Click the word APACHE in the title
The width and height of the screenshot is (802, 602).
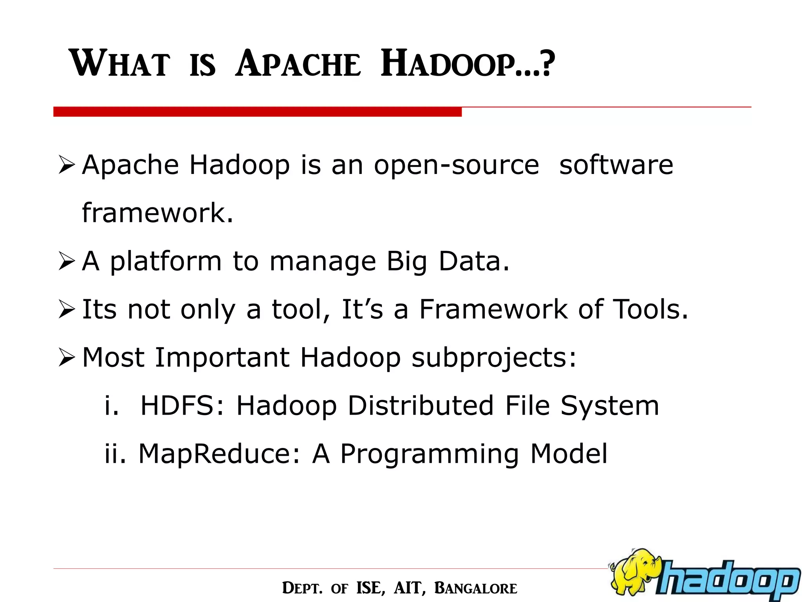(298, 64)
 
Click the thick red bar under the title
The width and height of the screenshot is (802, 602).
(257, 112)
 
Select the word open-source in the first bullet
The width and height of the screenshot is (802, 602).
(456, 165)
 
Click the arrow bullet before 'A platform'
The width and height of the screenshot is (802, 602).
(66, 262)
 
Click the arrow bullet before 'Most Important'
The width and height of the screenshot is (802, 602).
(66, 358)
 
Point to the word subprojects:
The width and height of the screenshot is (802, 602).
(494, 358)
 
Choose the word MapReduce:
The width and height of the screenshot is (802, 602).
(220, 454)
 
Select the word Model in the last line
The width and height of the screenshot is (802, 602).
(569, 454)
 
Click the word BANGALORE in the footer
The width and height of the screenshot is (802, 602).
(476, 588)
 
